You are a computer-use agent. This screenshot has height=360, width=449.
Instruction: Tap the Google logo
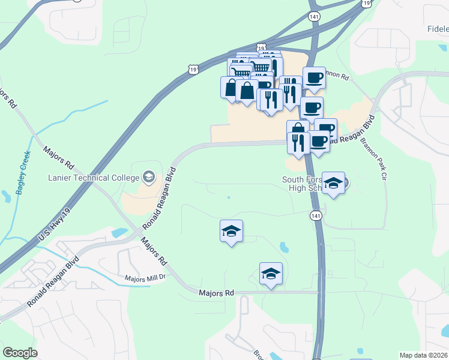(20, 353)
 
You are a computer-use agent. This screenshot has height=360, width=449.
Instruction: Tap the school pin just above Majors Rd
(271, 274)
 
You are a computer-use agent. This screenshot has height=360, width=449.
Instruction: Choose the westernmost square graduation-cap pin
(231, 231)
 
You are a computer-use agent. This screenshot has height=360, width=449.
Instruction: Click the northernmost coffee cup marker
(313, 77)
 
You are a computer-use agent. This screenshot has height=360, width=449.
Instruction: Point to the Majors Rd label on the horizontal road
(216, 293)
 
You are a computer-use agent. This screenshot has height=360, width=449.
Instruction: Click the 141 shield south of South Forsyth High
(316, 215)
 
